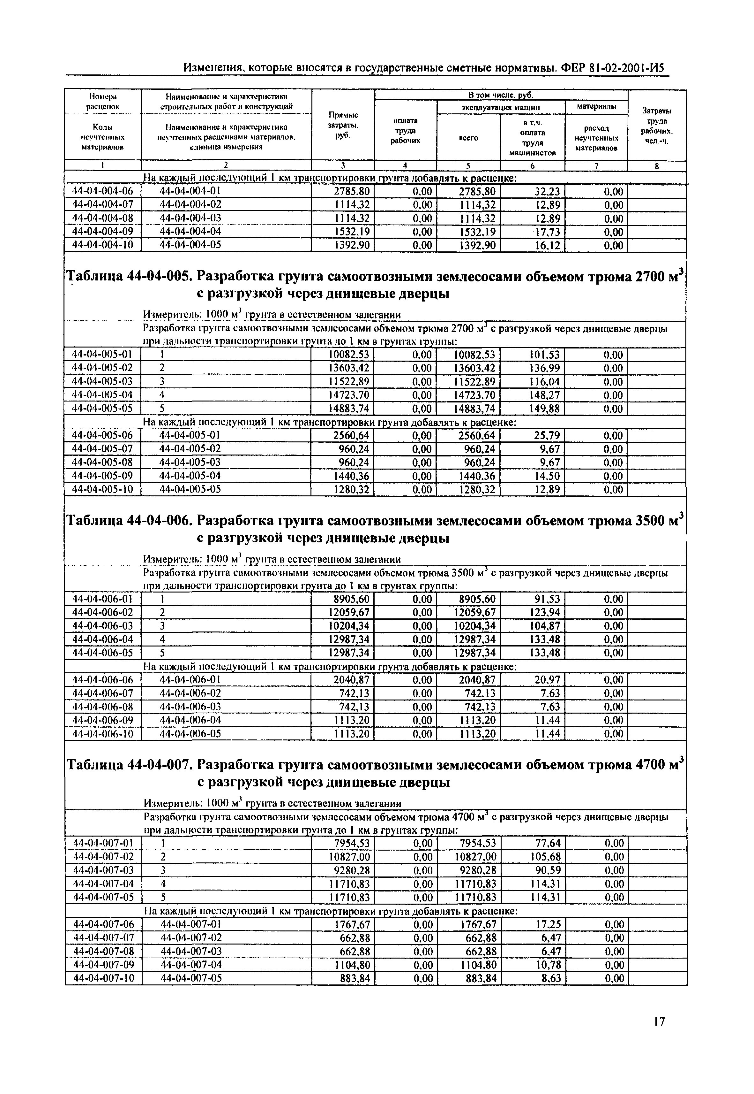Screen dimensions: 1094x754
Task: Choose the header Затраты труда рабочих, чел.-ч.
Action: click(x=657, y=125)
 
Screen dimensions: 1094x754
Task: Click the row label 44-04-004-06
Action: click(x=102, y=191)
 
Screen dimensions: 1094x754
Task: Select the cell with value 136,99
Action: click(x=544, y=368)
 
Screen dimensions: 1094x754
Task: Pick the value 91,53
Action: click(x=547, y=599)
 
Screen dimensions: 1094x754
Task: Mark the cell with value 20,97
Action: click(x=547, y=680)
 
